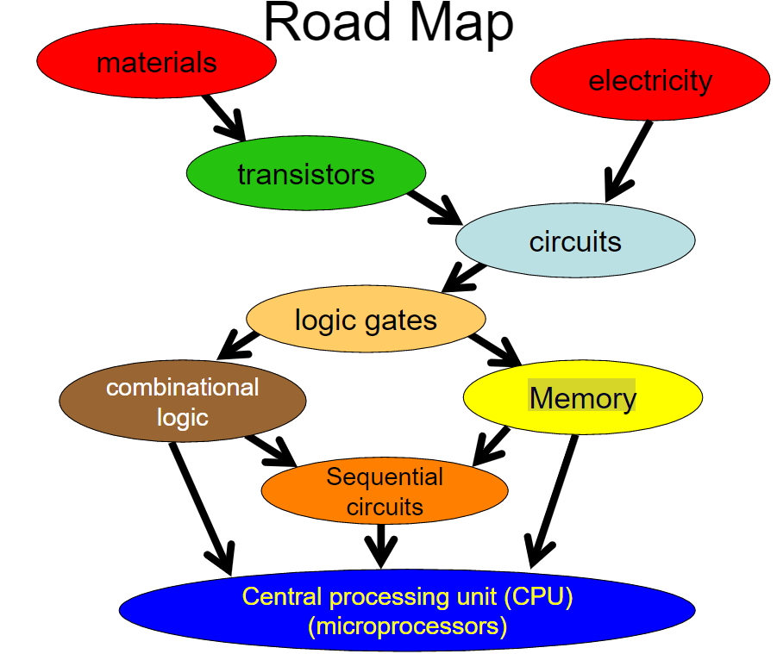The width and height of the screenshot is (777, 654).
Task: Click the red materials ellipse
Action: tap(156, 61)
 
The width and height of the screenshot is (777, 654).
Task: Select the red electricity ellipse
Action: tap(649, 80)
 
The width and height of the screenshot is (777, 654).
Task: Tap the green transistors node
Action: tap(305, 174)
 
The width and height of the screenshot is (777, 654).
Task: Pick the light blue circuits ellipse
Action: tap(574, 240)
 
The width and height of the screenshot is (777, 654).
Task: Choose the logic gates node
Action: tap(366, 320)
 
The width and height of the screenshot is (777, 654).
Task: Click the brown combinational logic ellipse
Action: tap(182, 402)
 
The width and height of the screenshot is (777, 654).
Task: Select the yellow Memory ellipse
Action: tap(582, 397)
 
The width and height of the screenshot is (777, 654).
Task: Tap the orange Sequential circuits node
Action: tap(385, 491)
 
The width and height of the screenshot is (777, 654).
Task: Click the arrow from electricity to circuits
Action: tap(628, 160)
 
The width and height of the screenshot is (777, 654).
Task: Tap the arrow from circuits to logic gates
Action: tap(464, 277)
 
